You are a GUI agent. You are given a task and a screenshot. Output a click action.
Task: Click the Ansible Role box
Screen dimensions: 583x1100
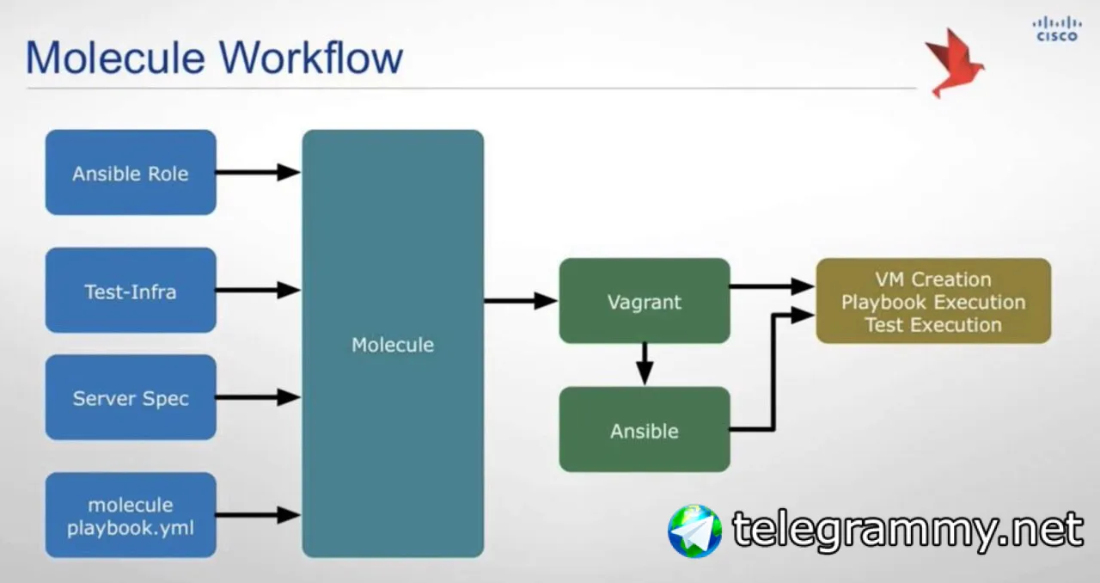[131, 172]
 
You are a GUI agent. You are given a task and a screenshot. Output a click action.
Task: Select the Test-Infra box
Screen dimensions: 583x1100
[131, 291]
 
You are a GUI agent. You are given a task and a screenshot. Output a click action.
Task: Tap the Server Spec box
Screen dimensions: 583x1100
[131, 397]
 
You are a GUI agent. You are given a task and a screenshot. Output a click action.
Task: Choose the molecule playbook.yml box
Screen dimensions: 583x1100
[131, 515]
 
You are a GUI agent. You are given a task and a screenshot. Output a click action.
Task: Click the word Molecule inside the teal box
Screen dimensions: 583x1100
[393, 345]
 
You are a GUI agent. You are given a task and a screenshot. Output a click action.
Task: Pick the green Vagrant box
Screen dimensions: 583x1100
[645, 301]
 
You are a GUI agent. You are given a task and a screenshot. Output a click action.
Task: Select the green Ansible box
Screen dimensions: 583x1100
[645, 429]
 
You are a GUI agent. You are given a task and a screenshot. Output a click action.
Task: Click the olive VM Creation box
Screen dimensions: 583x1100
[933, 301]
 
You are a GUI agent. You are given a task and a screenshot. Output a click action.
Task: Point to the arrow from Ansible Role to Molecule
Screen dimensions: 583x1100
[258, 172]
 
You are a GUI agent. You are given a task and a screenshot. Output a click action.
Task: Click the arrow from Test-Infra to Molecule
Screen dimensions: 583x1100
[258, 291]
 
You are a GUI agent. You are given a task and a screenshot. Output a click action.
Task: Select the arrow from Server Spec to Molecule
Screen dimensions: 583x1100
[258, 397]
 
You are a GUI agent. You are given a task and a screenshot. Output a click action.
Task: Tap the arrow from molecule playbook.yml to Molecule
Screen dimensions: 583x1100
[258, 515]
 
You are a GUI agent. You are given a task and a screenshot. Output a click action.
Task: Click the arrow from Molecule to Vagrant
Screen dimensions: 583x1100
[521, 300]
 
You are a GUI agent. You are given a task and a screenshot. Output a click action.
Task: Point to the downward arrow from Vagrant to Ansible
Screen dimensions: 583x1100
[645, 364]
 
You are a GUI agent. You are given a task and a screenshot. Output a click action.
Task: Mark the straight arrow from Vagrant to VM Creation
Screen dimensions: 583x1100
[772, 286]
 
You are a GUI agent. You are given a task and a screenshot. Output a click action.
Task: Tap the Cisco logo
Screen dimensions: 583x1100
[1056, 28]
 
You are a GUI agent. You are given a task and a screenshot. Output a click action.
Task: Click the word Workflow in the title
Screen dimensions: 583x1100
[310, 58]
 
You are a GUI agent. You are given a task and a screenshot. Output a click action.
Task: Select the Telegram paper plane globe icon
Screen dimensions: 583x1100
[694, 531]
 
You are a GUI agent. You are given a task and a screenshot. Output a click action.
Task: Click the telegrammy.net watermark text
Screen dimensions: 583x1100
[907, 530]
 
